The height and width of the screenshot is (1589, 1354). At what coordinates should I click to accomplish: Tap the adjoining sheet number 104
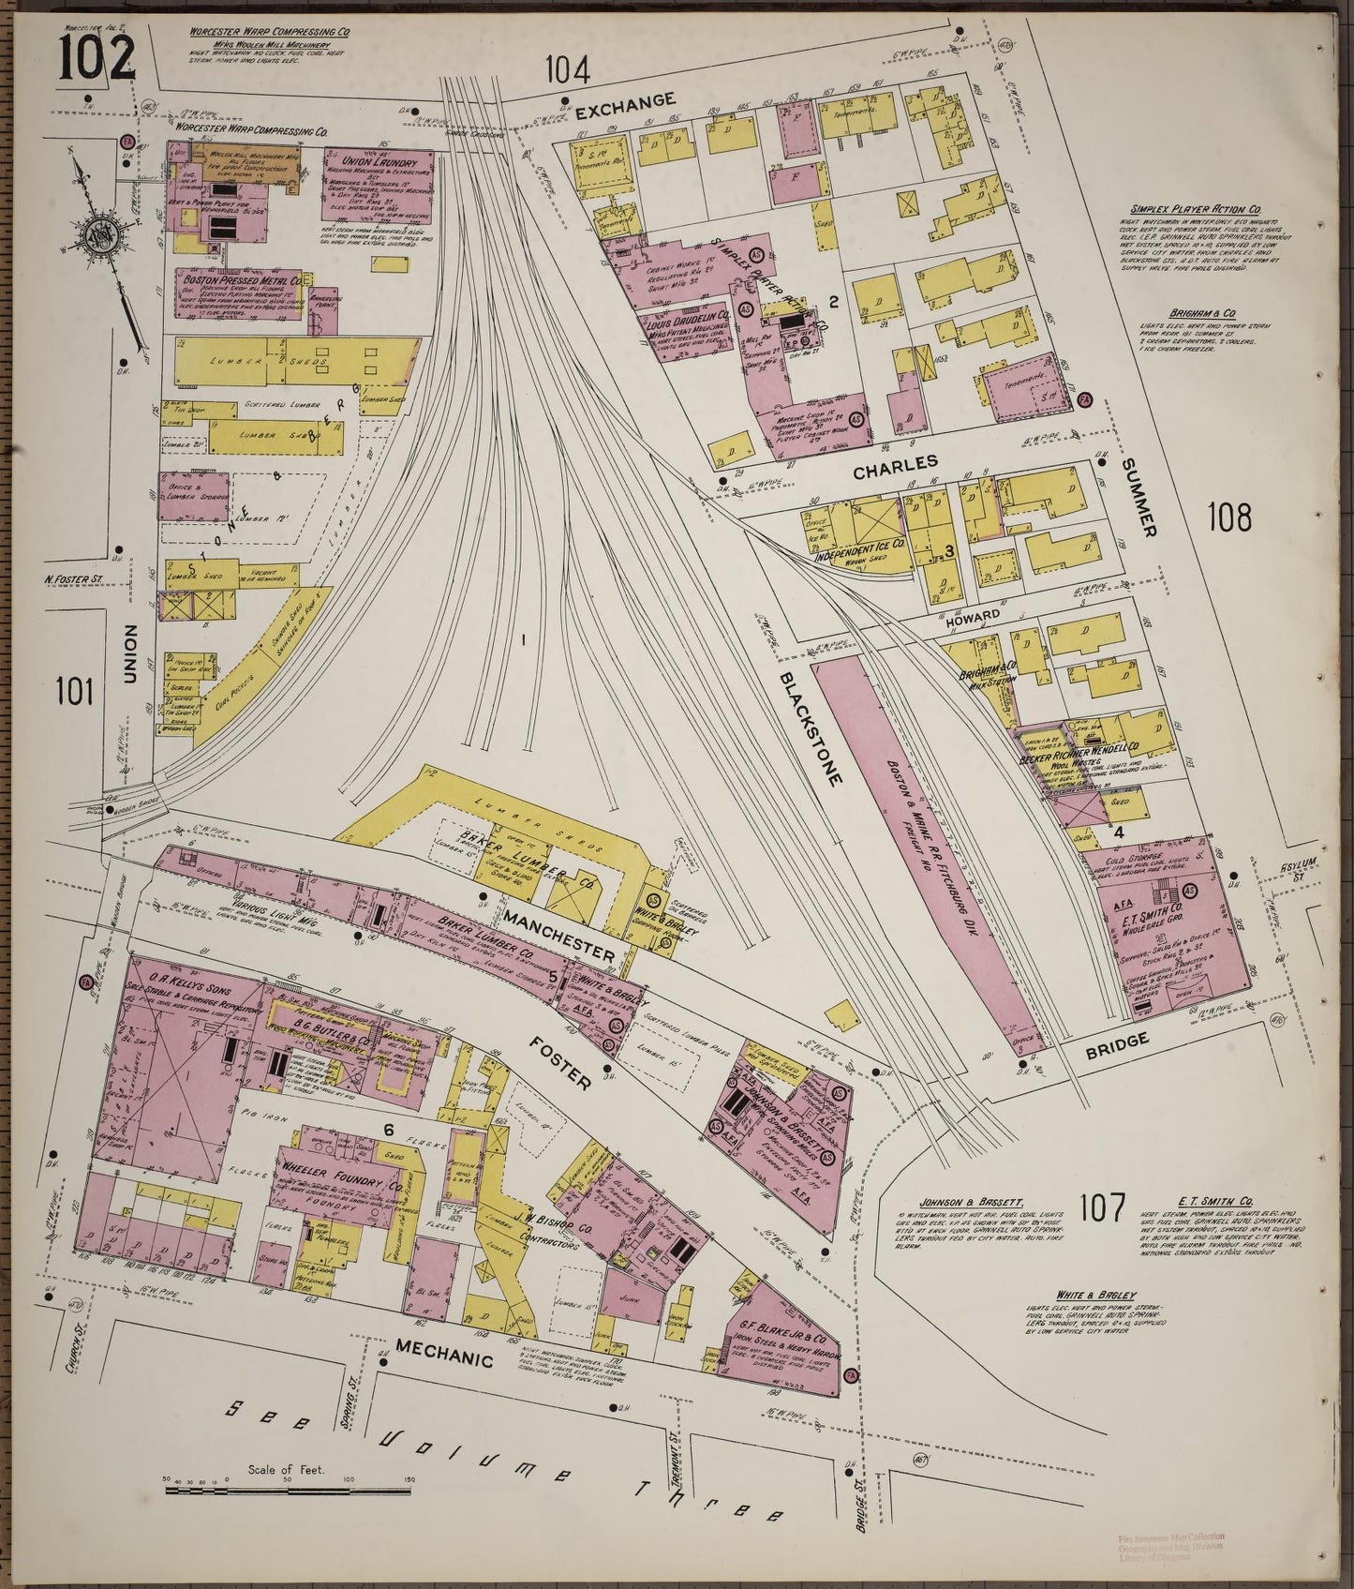[x=569, y=69]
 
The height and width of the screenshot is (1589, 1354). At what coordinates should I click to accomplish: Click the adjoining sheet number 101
[x=75, y=692]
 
